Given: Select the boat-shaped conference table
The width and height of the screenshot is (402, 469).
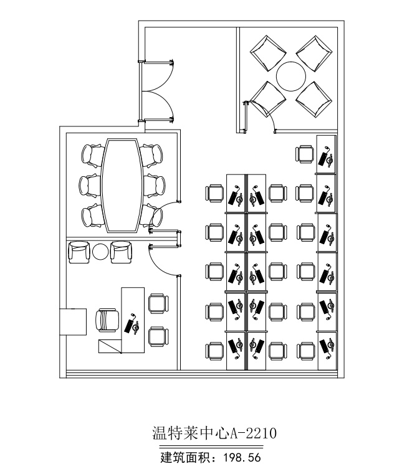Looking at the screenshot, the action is coord(121,185).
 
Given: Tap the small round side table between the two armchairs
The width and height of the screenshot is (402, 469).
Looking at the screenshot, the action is coord(100,252).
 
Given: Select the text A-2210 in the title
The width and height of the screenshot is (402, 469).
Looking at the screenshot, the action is coord(253,433).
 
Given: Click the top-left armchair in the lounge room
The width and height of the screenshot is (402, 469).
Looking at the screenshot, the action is coord(267,53).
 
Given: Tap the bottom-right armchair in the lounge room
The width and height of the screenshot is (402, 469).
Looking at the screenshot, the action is coord(314,100).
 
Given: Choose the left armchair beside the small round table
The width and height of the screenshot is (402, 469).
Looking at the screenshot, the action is coord(79,252).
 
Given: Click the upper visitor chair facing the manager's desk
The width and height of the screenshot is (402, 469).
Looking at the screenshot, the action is coord(159,304).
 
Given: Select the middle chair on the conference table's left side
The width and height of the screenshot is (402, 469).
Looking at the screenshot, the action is coord(90,186).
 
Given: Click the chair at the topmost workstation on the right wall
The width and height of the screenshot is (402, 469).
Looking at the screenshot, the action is coord(305,154).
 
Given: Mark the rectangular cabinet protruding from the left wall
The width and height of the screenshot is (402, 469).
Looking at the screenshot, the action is coord(73,322).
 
